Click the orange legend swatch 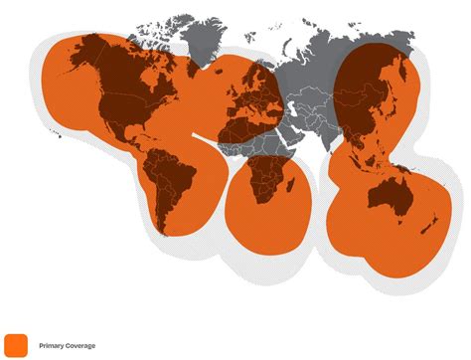16,344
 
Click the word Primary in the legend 51,346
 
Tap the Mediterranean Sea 260,107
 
